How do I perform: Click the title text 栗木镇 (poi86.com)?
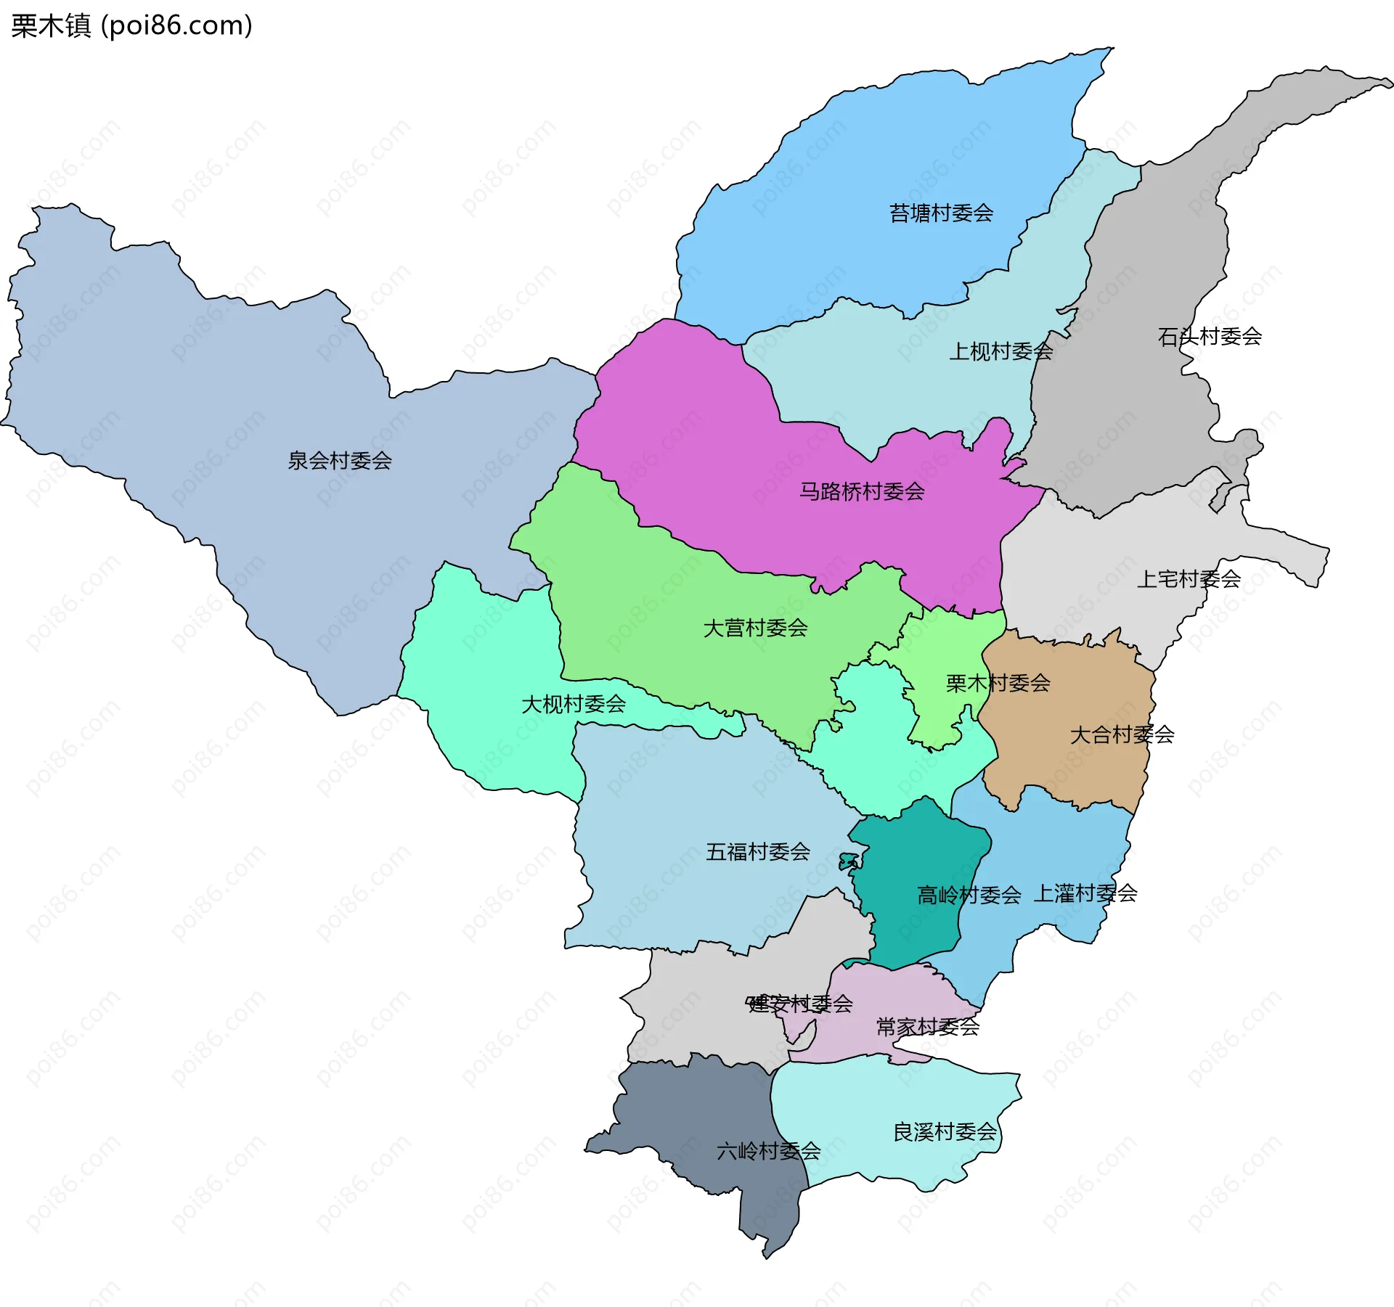(x=131, y=25)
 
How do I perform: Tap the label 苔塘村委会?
(x=941, y=213)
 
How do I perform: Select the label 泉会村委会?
(x=340, y=461)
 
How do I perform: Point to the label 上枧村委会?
(x=1000, y=352)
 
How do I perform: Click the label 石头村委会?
(x=1210, y=337)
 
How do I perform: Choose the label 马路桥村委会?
(x=862, y=492)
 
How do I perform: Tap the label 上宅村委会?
(x=1189, y=579)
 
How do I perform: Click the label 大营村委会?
(x=755, y=628)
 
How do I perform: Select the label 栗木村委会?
(x=998, y=684)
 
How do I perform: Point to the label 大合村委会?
(x=1122, y=735)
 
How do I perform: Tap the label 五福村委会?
(x=758, y=852)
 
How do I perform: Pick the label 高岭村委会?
(x=969, y=896)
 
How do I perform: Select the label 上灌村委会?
(x=1085, y=893)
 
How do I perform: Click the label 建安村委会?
(x=800, y=1004)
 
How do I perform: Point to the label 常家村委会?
(x=928, y=1027)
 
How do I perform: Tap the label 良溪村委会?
(x=945, y=1132)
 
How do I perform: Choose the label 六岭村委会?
(x=768, y=1151)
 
